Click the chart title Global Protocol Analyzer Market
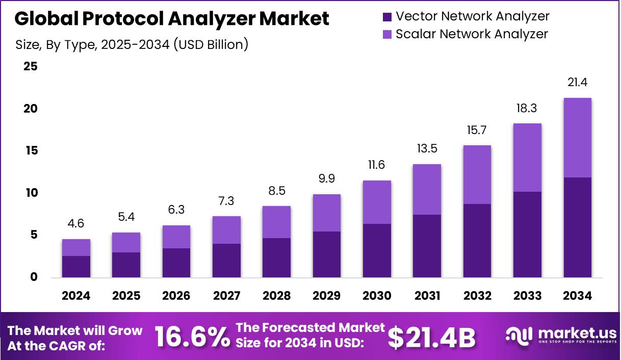pyautogui.click(x=172, y=19)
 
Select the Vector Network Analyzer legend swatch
pyautogui.click(x=387, y=17)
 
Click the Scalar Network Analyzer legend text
pyautogui.click(x=472, y=34)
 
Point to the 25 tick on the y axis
pyautogui.click(x=31, y=67)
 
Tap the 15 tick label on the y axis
pyautogui.click(x=31, y=151)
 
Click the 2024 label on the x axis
pyautogui.click(x=76, y=296)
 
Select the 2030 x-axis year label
pyautogui.click(x=377, y=296)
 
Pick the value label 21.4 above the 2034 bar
pyautogui.click(x=577, y=83)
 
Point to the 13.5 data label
pyautogui.click(x=427, y=149)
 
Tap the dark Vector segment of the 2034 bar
pyautogui.click(x=577, y=227)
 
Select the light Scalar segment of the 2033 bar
pyautogui.click(x=527, y=158)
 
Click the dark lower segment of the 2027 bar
pyautogui.click(x=226, y=261)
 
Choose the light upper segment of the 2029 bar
pyautogui.click(x=327, y=213)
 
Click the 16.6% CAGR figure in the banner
pyautogui.click(x=192, y=337)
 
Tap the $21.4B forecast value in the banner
pyautogui.click(x=431, y=337)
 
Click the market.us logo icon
pyautogui.click(x=519, y=335)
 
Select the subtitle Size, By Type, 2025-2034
pyautogui.click(x=132, y=44)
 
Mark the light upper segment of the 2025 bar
pyautogui.click(x=126, y=243)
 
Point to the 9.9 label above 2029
pyautogui.click(x=327, y=179)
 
